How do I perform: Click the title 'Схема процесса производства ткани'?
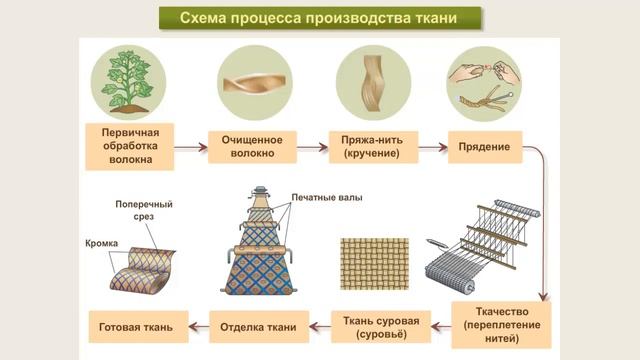click(319, 19)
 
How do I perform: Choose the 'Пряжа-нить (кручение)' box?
click(371, 148)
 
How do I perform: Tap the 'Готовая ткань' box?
click(137, 326)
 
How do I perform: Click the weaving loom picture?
click(486, 251)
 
